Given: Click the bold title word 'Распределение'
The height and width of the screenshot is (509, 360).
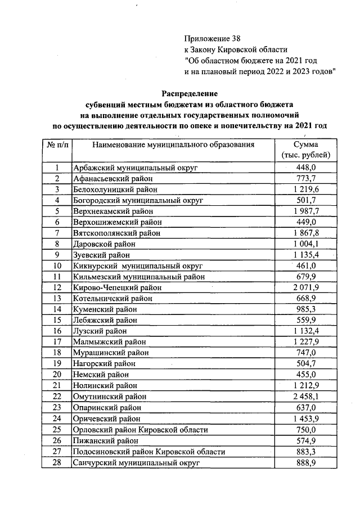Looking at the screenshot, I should click(190, 93).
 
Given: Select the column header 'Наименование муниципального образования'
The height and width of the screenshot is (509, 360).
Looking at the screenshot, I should click(174, 145).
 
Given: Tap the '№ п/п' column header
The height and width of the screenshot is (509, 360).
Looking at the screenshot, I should click(57, 145).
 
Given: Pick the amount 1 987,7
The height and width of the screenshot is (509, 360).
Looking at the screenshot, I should click(306, 211).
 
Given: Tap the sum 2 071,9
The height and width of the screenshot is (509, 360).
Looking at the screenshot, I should click(306, 287).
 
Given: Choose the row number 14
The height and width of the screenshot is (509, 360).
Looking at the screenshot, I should click(57, 309).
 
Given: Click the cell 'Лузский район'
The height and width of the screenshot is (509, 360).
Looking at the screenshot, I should click(100, 331).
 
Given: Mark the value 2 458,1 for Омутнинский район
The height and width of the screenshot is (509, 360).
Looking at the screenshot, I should click(306, 397).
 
